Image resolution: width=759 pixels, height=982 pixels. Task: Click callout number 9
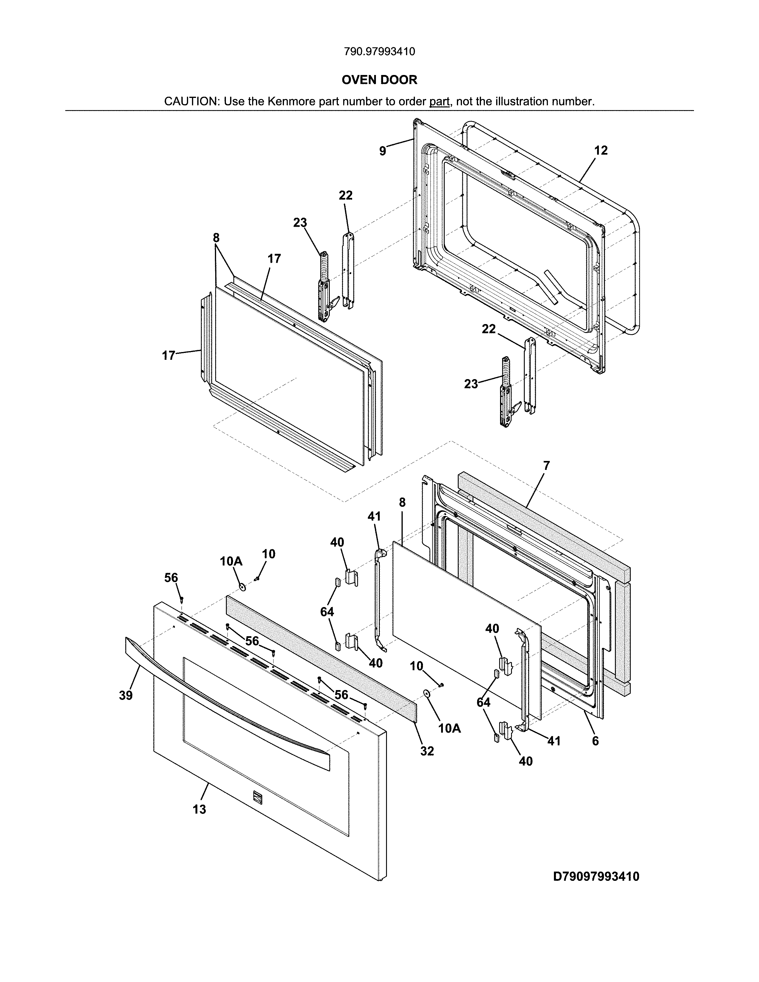click(382, 151)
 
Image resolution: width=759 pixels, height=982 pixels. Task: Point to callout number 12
click(601, 150)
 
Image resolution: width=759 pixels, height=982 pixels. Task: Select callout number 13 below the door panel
click(199, 809)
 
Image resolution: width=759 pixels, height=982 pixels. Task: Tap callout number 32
click(427, 751)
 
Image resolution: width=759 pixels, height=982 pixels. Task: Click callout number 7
click(546, 466)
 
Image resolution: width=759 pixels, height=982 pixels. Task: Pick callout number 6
click(595, 741)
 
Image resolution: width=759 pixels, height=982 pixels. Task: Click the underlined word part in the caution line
click(439, 101)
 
